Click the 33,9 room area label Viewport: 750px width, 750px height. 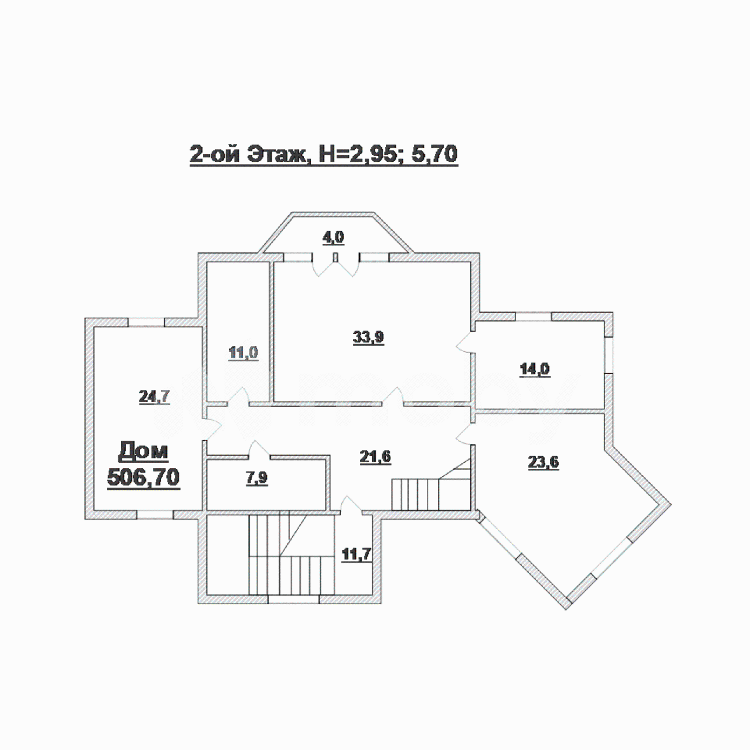click(x=368, y=337)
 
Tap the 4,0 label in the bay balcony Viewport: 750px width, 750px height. click(x=333, y=237)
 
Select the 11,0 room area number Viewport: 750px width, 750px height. click(x=243, y=352)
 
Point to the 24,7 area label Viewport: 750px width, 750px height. click(x=154, y=397)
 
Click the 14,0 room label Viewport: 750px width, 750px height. click(x=535, y=369)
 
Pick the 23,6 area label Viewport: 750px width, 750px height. click(x=543, y=462)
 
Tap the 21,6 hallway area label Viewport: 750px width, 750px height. click(x=375, y=457)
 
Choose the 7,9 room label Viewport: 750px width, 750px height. click(x=257, y=478)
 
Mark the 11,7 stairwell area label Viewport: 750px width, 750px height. click(x=357, y=554)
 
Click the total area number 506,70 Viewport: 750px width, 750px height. click(x=143, y=477)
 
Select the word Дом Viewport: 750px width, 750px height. click(x=143, y=451)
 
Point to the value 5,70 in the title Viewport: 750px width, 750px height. click(x=435, y=154)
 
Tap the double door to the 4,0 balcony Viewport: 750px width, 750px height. click(x=336, y=265)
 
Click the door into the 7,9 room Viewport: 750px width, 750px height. click(x=259, y=449)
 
